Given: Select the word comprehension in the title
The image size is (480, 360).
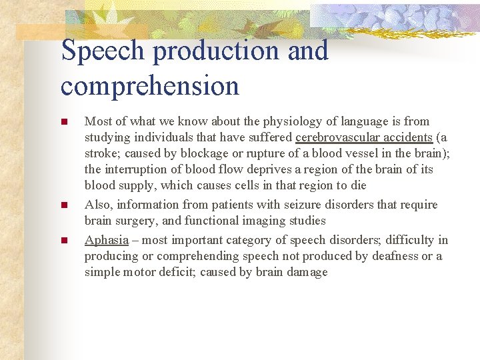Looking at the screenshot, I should pyautogui.click(x=149, y=86).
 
